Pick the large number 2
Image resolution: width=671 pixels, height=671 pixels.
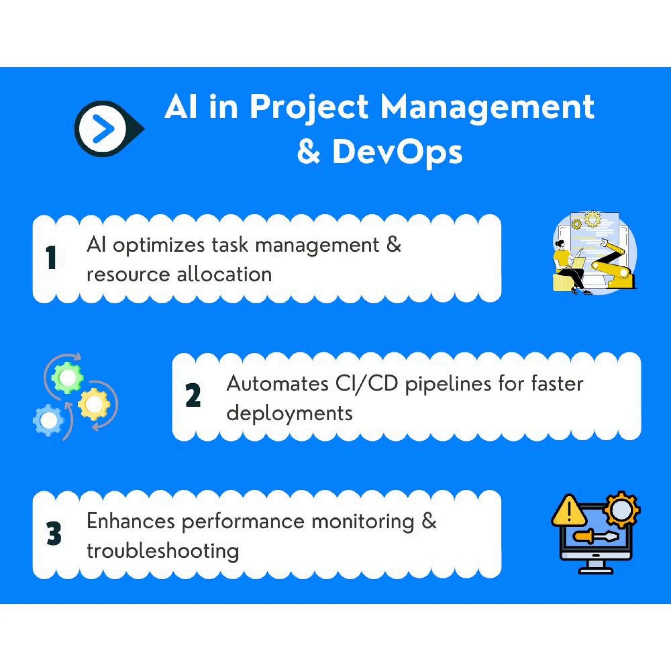[193, 395]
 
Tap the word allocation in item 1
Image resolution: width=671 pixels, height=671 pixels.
[224, 275]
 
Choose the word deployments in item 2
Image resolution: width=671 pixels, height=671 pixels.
[289, 413]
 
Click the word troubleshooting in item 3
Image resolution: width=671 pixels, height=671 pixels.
[163, 551]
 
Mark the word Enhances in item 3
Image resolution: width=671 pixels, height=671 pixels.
[130, 522]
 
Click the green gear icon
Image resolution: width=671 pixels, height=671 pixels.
[67, 377]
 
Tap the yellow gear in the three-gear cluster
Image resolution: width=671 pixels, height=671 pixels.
[94, 404]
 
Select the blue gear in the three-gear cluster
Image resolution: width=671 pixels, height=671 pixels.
[48, 420]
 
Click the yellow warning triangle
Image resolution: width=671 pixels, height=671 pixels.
[569, 511]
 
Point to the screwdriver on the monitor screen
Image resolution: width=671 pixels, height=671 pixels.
[595, 537]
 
